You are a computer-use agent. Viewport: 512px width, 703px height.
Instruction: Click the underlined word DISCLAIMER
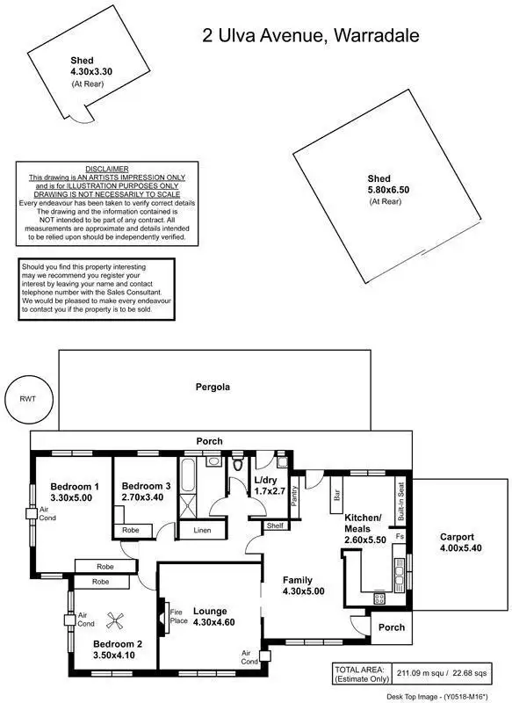[107, 168]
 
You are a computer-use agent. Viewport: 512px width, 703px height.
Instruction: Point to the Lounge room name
[210, 611]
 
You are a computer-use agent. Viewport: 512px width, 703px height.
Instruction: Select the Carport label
[457, 537]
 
